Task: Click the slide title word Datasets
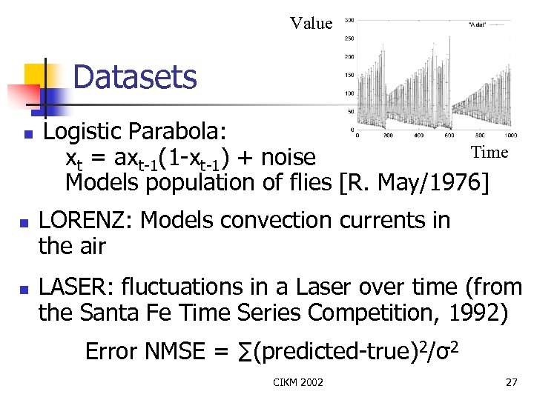pos(135,77)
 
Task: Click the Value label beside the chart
pos(311,24)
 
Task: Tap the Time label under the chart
pos(489,153)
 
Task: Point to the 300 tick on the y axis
pos(349,20)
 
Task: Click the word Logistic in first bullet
pos(82,132)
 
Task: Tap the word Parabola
pos(180,132)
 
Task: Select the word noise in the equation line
pos(289,158)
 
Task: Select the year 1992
pos(478,313)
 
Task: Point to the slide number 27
pos(510,382)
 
